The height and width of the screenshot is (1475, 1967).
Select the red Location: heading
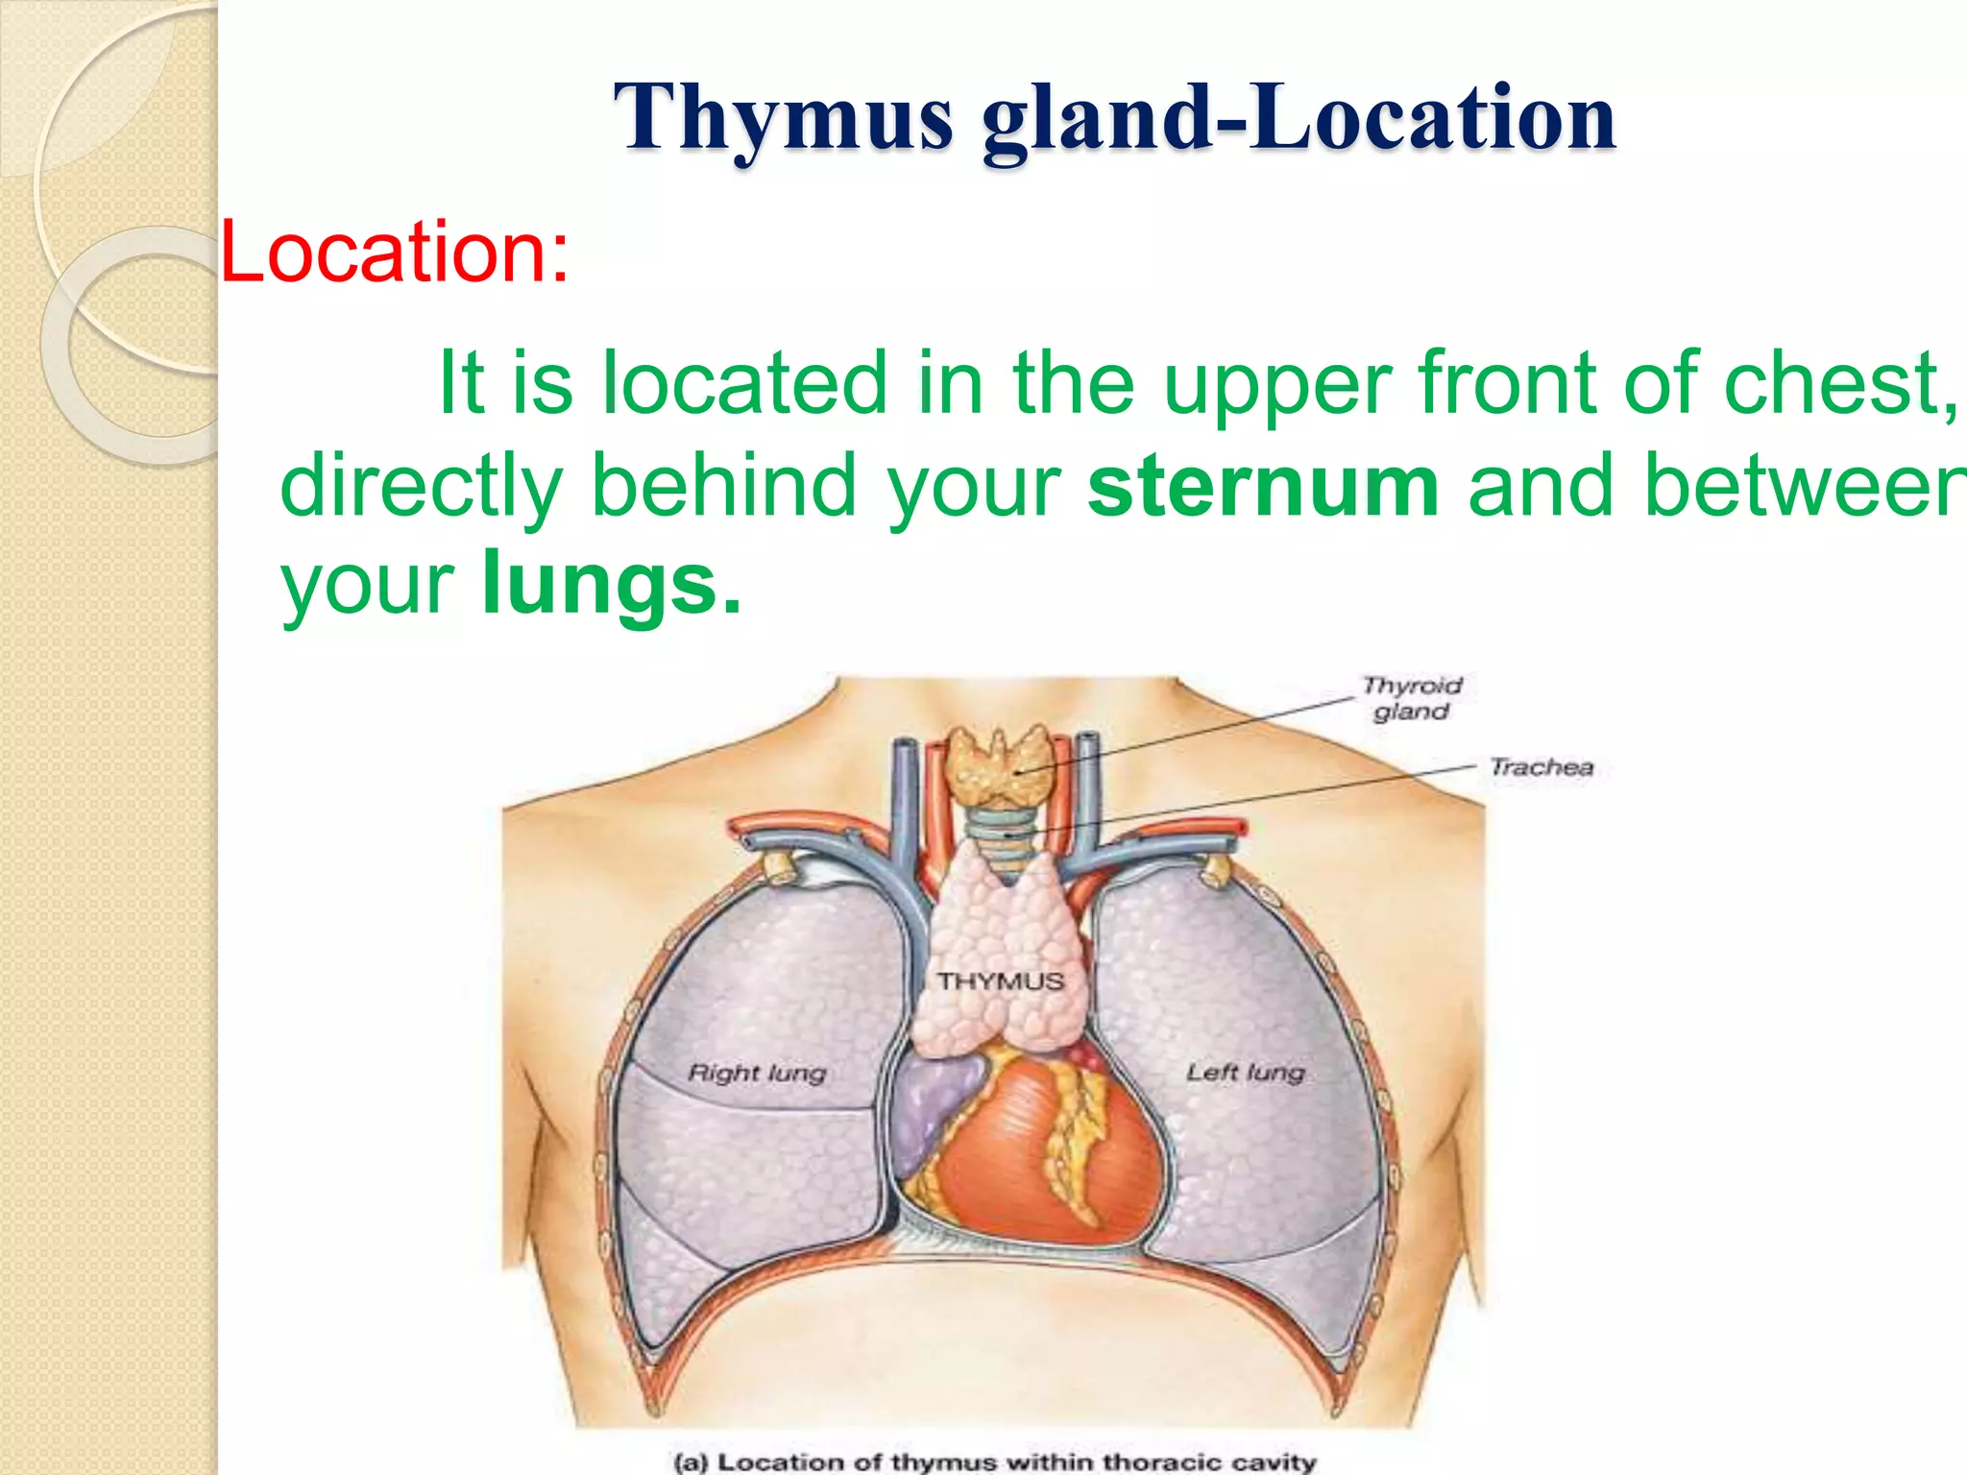point(395,252)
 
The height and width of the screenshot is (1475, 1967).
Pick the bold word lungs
point(611,586)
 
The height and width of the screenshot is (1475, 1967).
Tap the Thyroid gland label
point(1411,698)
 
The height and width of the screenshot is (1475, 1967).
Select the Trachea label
point(1541,767)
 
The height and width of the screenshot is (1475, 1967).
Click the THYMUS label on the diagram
point(1001,981)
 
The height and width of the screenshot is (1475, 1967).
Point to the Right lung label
point(757,1073)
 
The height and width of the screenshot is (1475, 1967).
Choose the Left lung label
point(1245,1072)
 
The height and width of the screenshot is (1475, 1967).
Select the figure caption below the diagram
point(994,1462)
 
